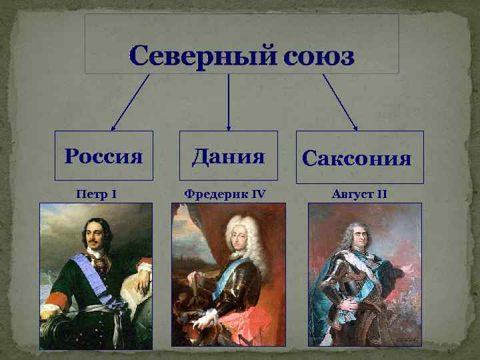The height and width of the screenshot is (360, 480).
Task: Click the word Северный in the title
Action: (203, 57)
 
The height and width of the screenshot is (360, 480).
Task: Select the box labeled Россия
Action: (104, 157)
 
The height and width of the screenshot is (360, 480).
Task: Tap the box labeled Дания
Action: (229, 157)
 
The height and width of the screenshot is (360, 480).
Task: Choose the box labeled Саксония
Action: (359, 158)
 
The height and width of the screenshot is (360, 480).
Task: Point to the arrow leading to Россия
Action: (130, 101)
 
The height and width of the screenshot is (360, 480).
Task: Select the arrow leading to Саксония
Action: (340, 101)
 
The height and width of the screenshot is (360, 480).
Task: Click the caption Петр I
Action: (97, 195)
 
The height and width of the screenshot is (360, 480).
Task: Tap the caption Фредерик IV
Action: (225, 195)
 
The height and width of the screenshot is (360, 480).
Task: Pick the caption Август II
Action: (359, 195)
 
